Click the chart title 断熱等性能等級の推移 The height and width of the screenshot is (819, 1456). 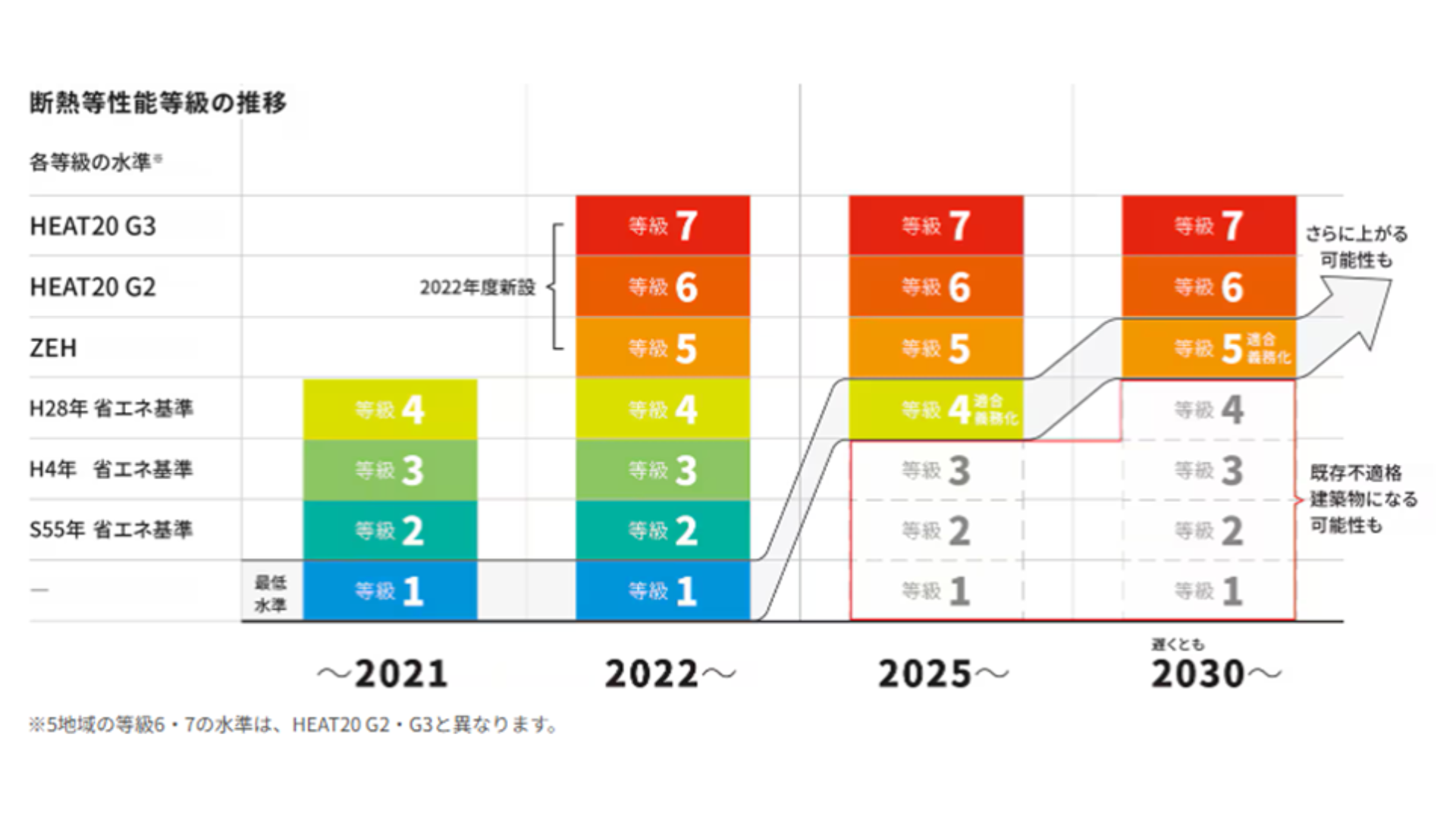(158, 102)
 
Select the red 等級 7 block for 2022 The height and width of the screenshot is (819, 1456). (663, 226)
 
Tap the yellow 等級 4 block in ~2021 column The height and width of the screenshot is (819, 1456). (390, 409)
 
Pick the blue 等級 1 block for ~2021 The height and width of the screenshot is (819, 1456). (390, 591)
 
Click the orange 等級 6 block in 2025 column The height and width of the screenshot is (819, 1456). (936, 287)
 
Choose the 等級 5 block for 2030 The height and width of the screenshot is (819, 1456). (1209, 348)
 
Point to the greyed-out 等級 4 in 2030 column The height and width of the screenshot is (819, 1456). (1209, 410)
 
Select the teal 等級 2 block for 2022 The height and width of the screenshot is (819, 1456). (663, 530)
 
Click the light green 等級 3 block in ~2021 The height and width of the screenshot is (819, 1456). (390, 470)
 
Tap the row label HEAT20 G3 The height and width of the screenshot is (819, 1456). (93, 226)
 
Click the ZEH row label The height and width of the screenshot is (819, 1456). (53, 348)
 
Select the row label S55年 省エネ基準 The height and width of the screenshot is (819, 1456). (111, 529)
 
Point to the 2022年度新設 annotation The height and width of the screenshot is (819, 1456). (478, 287)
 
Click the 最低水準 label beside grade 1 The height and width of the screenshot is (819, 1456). (271, 593)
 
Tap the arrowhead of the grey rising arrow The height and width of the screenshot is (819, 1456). (1365, 303)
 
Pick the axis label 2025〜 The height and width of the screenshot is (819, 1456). (943, 673)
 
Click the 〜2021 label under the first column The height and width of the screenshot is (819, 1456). (382, 673)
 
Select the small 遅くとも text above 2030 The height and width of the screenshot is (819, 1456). (1178, 645)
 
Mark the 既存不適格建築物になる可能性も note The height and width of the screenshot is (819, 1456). (1363, 499)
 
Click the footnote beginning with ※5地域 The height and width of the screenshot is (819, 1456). (294, 725)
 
